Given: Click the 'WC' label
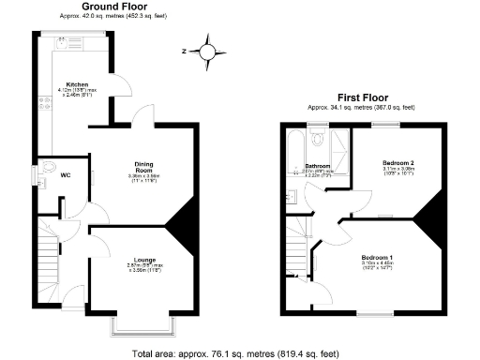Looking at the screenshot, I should pos(65,175).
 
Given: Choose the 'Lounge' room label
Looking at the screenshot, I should pos(143,260).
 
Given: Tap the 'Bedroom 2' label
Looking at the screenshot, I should pos(397,163).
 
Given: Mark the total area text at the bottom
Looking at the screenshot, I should pos(240,353).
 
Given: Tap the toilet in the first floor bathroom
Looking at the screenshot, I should pos(318,141).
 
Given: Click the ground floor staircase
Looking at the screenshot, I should pos(48,259).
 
